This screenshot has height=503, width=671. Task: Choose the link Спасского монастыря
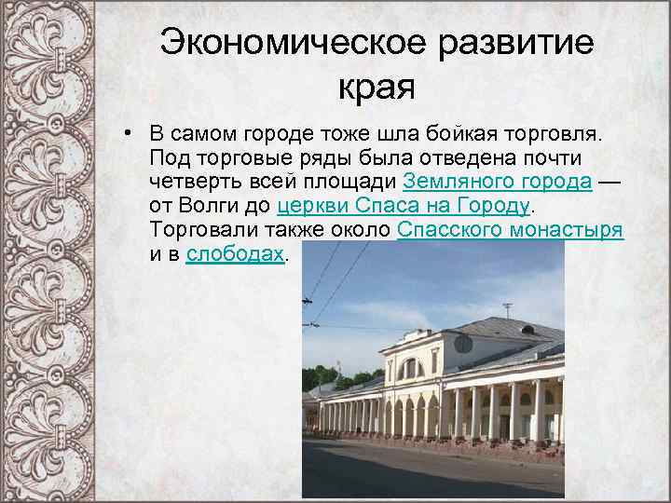point(510,230)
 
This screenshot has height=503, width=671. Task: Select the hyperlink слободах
point(234,254)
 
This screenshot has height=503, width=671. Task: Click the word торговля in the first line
point(555,130)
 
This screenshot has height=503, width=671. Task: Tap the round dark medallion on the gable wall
point(462,343)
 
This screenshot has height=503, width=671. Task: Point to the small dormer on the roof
point(529,328)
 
